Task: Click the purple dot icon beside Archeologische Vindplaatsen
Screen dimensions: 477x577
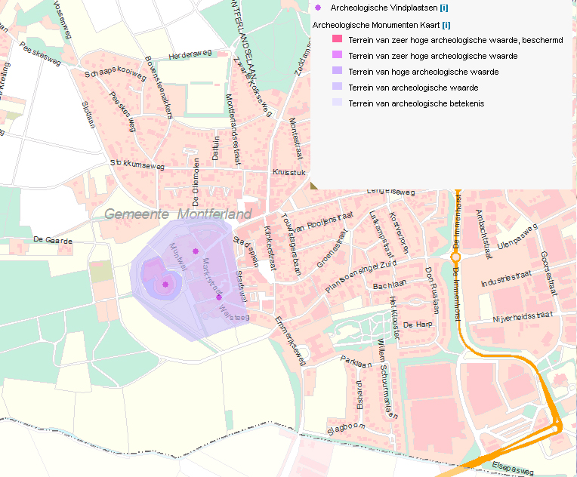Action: pos(318,8)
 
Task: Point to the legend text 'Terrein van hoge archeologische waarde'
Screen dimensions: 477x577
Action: pos(423,72)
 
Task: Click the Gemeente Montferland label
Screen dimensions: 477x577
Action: pos(178,214)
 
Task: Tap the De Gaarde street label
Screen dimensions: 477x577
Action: pos(53,240)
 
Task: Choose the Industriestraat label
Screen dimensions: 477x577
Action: pos(507,281)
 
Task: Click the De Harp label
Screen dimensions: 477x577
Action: pos(417,324)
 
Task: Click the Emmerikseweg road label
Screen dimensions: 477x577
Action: pos(291,341)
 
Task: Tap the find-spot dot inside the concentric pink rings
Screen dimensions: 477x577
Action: pos(165,285)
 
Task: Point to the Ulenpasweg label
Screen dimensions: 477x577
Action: pos(517,234)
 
